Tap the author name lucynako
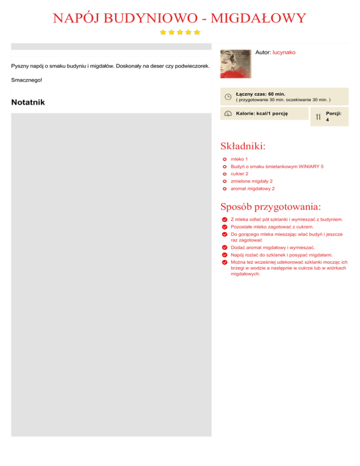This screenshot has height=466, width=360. tap(284, 53)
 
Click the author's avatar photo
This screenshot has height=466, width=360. tap(235, 64)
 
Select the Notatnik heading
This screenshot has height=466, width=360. tap(28, 102)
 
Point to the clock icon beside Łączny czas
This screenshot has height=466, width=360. tap(227, 97)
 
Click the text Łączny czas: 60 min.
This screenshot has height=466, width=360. tap(261, 94)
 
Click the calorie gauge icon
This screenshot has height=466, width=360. tap(227, 113)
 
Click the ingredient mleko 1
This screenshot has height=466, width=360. tap(239, 159)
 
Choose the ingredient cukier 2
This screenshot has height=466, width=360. tap(240, 173)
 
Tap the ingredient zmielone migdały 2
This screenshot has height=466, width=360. tap(252, 181)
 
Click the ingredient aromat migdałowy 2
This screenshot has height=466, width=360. tap(253, 188)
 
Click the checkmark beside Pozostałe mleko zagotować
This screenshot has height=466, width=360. tap(225, 227)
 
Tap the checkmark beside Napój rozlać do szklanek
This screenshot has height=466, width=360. tap(225, 255)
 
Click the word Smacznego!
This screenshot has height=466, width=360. tap(26, 80)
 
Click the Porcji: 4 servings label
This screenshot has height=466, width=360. tap(333, 116)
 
